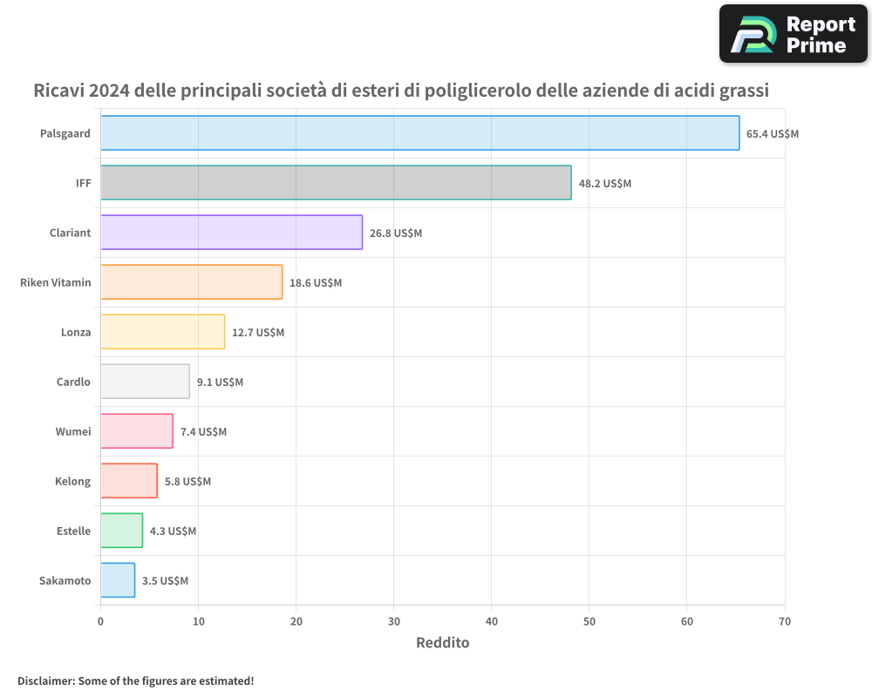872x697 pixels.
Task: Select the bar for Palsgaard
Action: point(419,133)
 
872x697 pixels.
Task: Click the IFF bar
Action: point(336,183)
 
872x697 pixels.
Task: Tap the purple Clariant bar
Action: point(231,233)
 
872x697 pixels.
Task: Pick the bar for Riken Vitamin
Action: point(191,282)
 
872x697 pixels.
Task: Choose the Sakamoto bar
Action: point(118,580)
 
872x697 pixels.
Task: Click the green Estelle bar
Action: point(121,531)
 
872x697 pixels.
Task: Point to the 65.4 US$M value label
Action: point(773,134)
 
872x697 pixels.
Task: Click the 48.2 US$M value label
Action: point(605,184)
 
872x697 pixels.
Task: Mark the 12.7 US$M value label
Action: point(258,333)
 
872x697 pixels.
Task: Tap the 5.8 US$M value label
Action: point(187,482)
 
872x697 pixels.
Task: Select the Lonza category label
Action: point(76,332)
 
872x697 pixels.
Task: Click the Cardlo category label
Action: point(73,382)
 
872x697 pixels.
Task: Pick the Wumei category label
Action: point(73,431)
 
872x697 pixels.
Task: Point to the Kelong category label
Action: point(72,481)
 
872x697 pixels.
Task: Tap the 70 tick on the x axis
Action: point(785,621)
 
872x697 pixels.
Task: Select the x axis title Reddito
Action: point(442,643)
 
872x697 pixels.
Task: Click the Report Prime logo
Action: point(793,34)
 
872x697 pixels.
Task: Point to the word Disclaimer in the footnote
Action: point(45,680)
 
